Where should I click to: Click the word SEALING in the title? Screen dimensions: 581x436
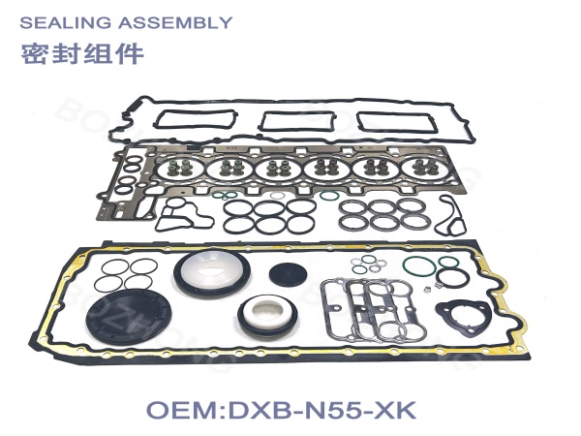click(65, 23)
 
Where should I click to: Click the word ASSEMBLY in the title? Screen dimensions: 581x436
click(175, 23)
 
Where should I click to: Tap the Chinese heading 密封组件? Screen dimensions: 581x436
click(82, 54)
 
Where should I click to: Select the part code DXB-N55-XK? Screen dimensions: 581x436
click(322, 410)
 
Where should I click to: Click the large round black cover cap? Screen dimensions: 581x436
click(129, 318)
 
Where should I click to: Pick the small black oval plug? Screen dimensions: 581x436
click(288, 274)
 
